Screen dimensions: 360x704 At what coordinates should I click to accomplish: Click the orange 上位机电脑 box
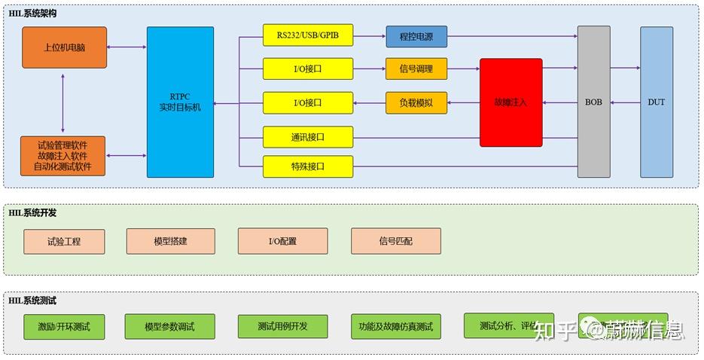pos(64,47)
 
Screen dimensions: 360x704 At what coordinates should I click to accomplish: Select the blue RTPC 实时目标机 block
pos(180,102)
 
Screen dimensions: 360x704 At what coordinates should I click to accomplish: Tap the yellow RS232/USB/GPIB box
pos(307,35)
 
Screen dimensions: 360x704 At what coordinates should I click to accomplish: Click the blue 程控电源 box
pos(416,36)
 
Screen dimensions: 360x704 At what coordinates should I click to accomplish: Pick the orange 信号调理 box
pos(416,69)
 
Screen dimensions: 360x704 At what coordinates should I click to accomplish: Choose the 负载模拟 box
pos(416,102)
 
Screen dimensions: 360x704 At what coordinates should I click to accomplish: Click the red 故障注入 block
pos(510,102)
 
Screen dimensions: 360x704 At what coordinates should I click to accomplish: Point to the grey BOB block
pos(593,102)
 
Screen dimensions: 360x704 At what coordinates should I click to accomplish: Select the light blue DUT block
pos(656,102)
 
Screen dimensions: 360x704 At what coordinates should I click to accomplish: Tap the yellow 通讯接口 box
pos(307,137)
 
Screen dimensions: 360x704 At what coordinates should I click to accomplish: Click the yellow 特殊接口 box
pos(307,166)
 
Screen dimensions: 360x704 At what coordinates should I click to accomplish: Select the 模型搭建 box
pos(170,242)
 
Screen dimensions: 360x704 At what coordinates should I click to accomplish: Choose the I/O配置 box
pos(282,242)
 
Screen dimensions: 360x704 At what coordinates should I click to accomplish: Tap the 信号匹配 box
pos(395,242)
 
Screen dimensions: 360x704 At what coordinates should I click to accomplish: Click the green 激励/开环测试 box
pos(64,327)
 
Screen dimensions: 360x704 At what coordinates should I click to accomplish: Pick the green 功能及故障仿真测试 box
pos(395,327)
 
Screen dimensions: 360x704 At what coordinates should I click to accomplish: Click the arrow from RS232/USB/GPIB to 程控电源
pos(369,36)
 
